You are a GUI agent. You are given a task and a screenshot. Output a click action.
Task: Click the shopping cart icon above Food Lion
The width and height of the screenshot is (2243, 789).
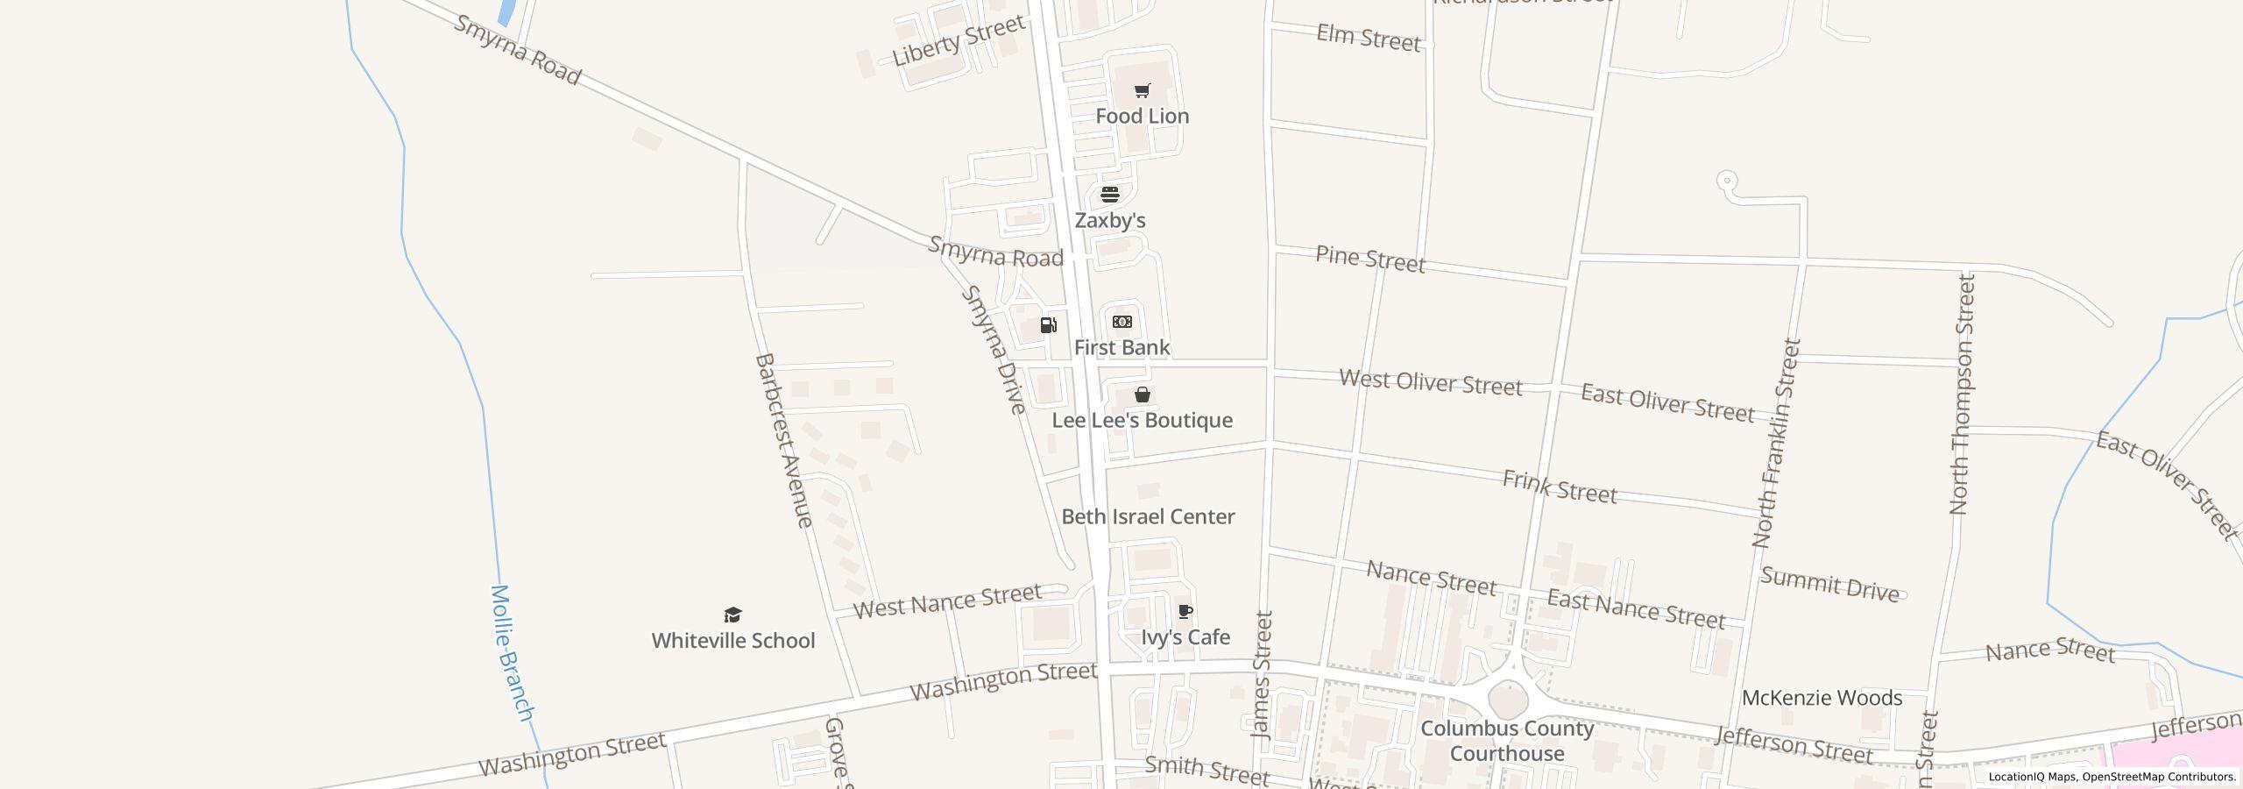point(1142,90)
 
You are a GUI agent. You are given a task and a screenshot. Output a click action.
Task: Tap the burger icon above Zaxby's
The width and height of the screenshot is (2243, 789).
point(1110,194)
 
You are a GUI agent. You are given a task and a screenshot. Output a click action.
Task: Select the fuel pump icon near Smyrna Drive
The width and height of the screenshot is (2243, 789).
point(1048,325)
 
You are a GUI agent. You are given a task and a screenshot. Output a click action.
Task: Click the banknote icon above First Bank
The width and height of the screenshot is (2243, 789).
point(1122,322)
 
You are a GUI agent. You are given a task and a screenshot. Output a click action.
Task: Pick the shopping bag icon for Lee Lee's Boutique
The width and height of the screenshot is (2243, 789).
point(1143,394)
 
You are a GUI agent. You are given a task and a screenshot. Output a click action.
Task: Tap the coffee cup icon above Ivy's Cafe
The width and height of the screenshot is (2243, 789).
point(1185,611)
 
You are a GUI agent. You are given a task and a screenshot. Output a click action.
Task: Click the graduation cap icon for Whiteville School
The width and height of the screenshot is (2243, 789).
point(733,615)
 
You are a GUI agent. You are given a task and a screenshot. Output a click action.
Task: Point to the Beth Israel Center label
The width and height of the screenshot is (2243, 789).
point(1148,516)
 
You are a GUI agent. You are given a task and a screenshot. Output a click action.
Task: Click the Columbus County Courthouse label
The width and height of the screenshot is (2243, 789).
point(1507,741)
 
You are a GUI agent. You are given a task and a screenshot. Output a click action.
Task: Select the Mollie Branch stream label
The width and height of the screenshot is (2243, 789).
point(512,653)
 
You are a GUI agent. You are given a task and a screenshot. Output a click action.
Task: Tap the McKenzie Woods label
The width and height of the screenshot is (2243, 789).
point(1822,698)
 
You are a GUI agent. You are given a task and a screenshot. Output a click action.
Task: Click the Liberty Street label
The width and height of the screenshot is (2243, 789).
point(959,41)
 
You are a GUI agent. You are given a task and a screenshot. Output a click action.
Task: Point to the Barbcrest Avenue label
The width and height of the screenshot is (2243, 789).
point(783,440)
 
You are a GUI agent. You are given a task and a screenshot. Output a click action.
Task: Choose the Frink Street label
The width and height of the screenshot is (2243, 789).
point(1560,487)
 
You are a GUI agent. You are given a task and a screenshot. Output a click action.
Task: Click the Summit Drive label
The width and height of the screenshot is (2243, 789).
point(1829,585)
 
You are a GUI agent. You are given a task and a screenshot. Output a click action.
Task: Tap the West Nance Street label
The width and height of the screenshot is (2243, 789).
point(947,601)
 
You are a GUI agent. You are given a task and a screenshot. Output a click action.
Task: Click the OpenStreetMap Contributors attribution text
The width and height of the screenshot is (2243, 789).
point(2159,777)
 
